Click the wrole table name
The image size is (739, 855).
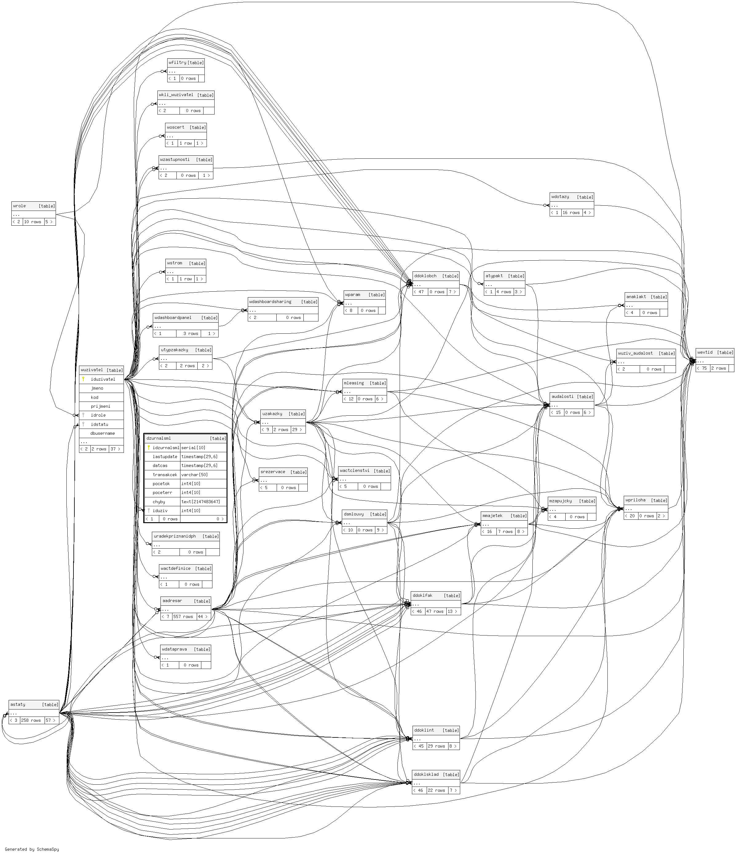click(x=19, y=206)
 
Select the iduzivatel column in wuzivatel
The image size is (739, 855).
click(x=103, y=379)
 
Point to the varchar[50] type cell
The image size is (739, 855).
click(x=195, y=475)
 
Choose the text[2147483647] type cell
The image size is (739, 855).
click(x=201, y=502)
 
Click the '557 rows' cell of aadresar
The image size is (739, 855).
click(x=183, y=616)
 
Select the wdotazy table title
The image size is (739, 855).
click(x=560, y=197)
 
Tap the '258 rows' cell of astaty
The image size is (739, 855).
click(x=31, y=721)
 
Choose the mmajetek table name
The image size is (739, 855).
click(x=492, y=516)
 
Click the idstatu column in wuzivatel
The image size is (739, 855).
click(x=100, y=424)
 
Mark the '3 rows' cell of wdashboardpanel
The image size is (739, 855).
click(x=190, y=333)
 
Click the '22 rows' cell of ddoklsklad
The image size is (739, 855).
click(x=436, y=791)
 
